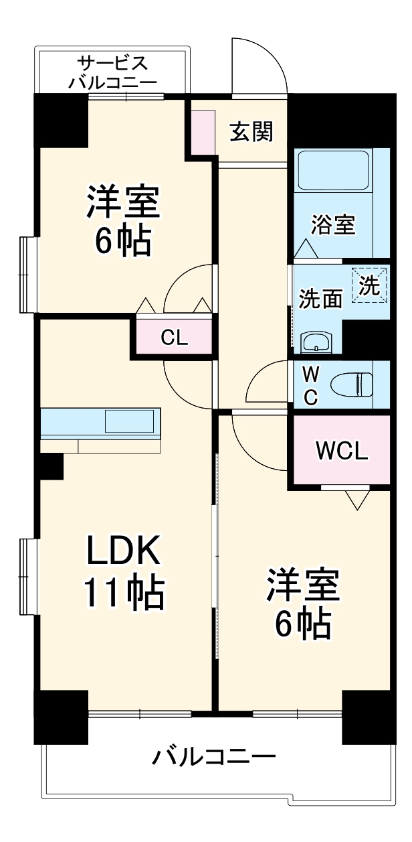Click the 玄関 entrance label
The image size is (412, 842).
click(251, 131)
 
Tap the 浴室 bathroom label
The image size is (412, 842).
click(332, 226)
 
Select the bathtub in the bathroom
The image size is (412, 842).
click(333, 172)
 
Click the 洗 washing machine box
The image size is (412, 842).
click(369, 285)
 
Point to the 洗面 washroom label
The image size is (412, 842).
click(320, 299)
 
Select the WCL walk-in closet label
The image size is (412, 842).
click(342, 451)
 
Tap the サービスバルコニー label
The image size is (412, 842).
click(112, 72)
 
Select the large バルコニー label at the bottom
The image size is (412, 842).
click(213, 758)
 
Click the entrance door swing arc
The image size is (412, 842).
click(261, 64)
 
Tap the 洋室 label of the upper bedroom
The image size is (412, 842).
click(123, 203)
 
